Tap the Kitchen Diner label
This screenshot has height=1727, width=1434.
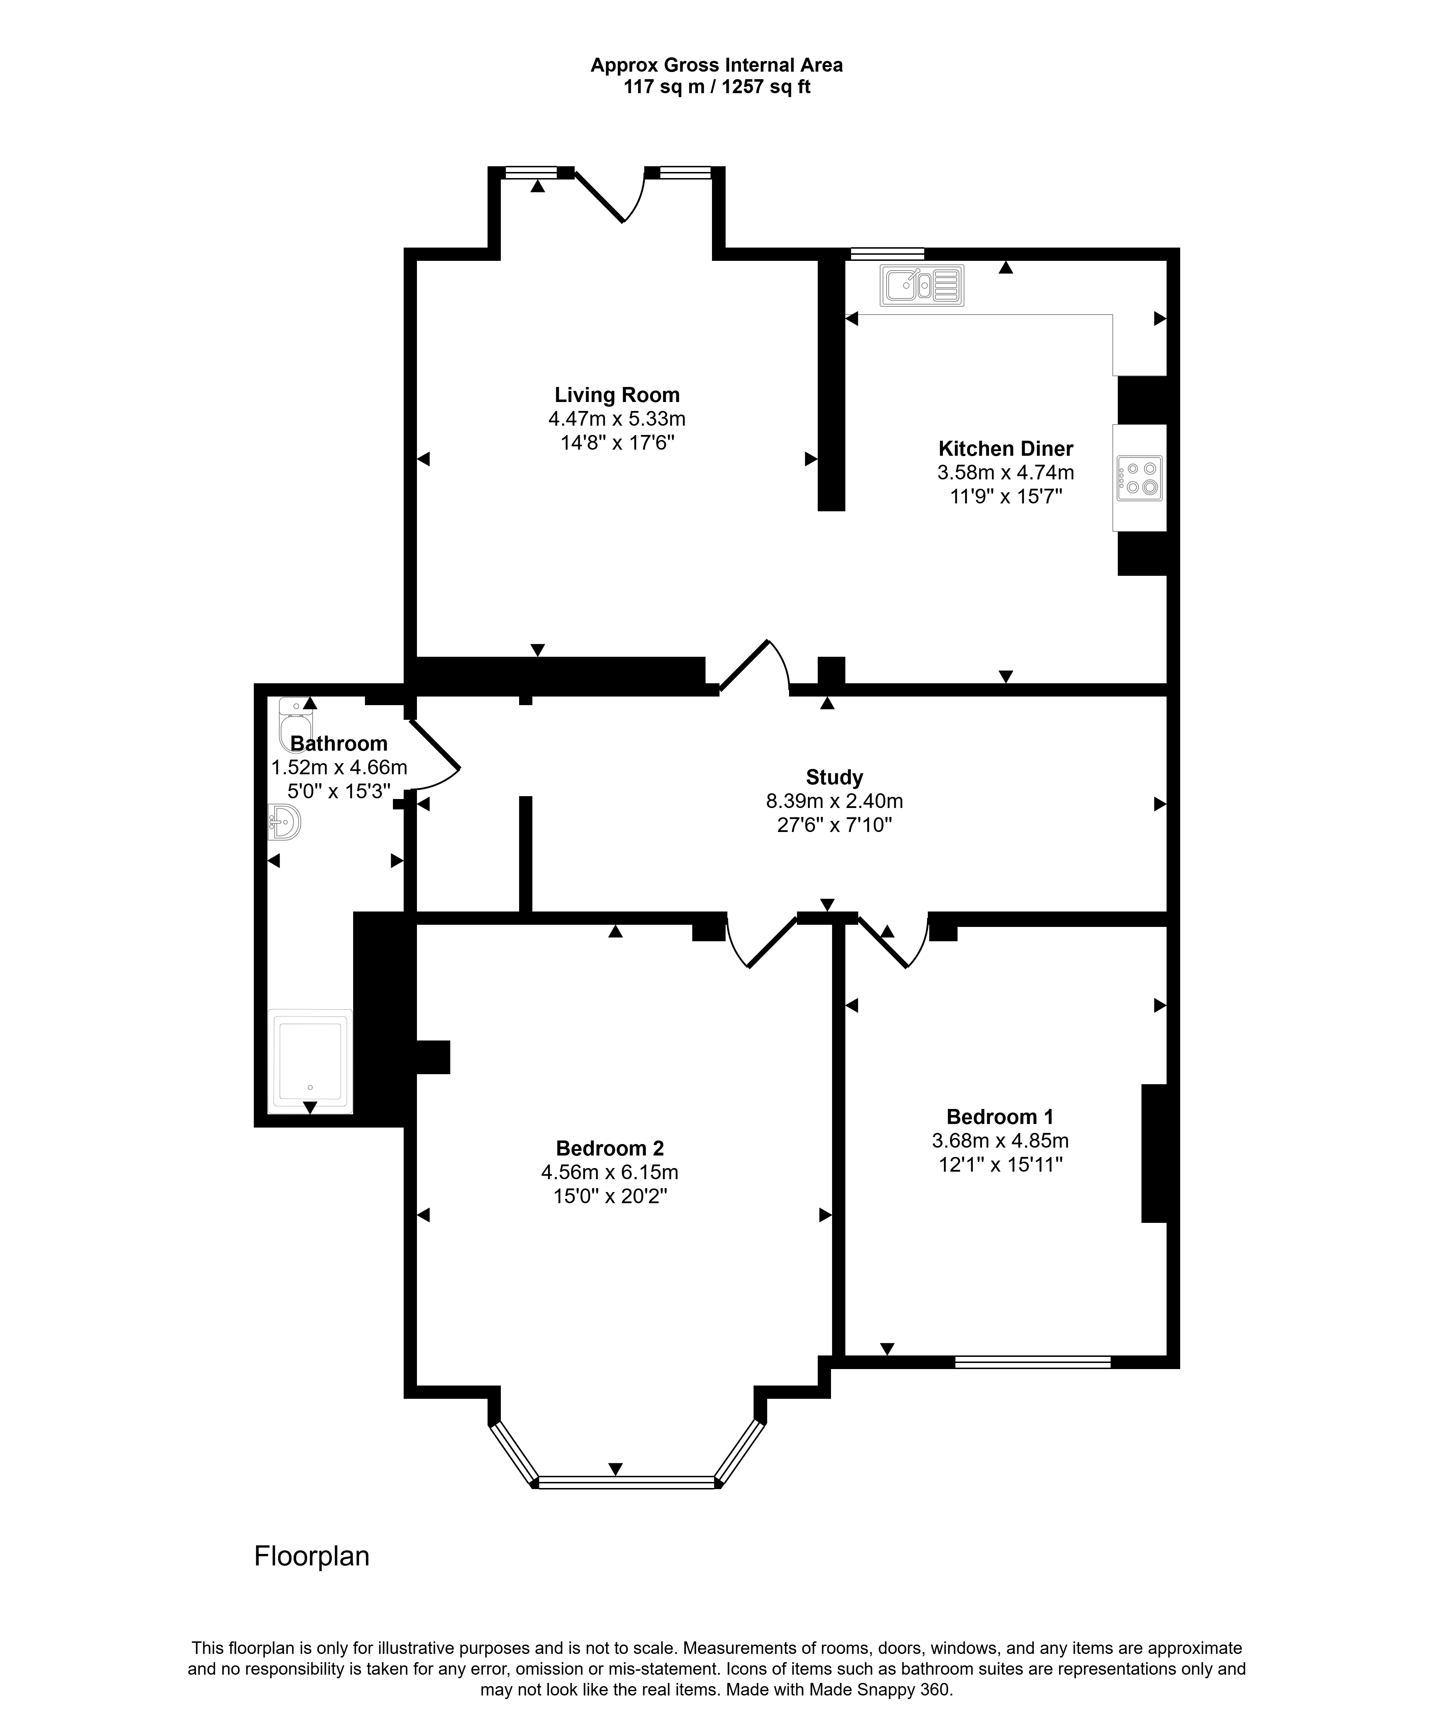pos(1005,449)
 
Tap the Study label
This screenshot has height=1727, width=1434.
pos(834,777)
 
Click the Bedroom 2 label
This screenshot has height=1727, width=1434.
pos(610,1148)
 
